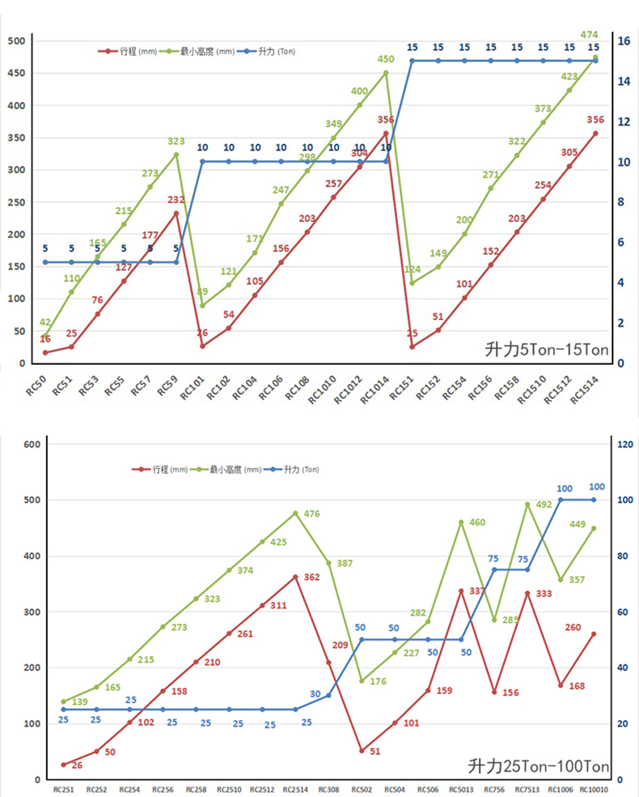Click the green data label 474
pyautogui.click(x=589, y=34)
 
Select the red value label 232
pyautogui.click(x=177, y=199)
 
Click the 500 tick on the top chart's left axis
pyautogui.click(x=17, y=41)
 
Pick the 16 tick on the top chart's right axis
pyautogui.click(x=624, y=41)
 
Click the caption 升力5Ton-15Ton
pyautogui.click(x=545, y=350)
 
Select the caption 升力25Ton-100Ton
pyautogui.click(x=539, y=766)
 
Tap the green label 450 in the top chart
pyautogui.click(x=386, y=59)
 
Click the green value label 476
pyautogui.click(x=313, y=514)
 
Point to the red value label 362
pyautogui.click(x=312, y=577)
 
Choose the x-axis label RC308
pyautogui.click(x=328, y=788)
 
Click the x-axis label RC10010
pyautogui.click(x=595, y=788)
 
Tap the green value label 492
pyautogui.click(x=544, y=504)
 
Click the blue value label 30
pyautogui.click(x=315, y=694)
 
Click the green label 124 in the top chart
pyautogui.click(x=413, y=269)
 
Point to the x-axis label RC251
pyautogui.click(x=63, y=788)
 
